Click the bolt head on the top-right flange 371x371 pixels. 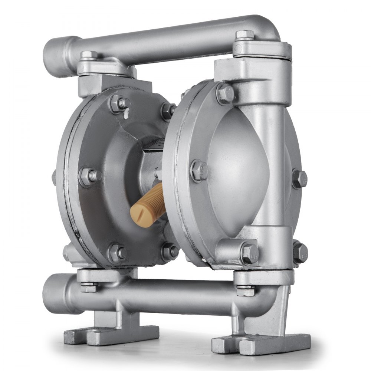pyautogui.click(x=245, y=35)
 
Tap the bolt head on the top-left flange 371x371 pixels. pyautogui.click(x=89, y=56)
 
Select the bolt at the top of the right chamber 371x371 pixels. pyautogui.click(x=225, y=93)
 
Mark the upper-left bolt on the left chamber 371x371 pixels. pyautogui.click(x=119, y=104)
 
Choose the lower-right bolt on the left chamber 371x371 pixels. pyautogui.click(x=170, y=251)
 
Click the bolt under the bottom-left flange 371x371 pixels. pyautogui.click(x=88, y=287)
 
